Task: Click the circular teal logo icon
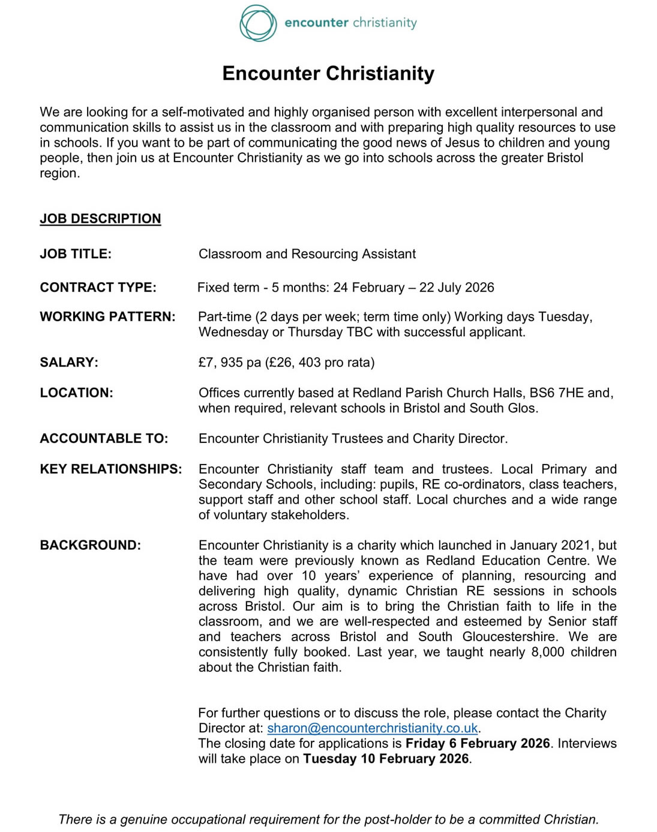pos(258,23)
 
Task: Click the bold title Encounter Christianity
pos(328,73)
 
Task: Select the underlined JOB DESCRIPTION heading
pos(100,219)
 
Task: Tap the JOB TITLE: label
pos(76,254)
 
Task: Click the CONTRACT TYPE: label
pos(98,288)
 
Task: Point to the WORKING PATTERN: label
pos(107,316)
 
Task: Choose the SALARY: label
pos(69,363)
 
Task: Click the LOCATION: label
pos(76,393)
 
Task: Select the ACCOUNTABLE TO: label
pos(104,439)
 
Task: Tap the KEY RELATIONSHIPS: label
pos(110,469)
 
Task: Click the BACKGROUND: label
pos(90,546)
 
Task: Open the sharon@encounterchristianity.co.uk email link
pos(373,728)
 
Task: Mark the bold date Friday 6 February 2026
pos(478,744)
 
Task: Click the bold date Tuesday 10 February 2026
pos(386,759)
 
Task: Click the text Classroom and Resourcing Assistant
pos(307,254)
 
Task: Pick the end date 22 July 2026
pos(457,288)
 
